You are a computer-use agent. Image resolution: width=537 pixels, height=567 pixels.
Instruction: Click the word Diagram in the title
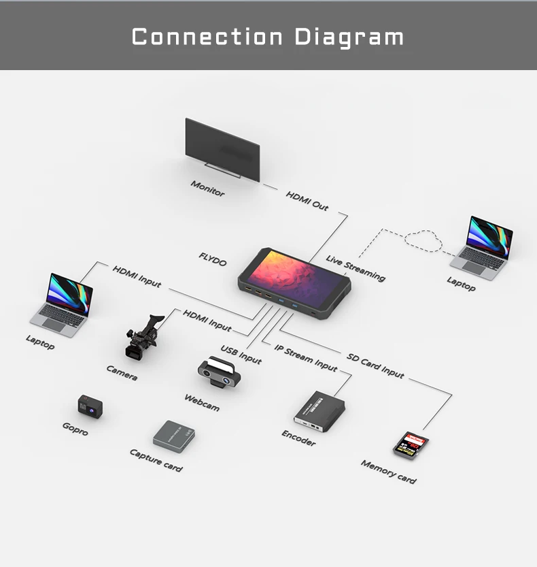pos(349,37)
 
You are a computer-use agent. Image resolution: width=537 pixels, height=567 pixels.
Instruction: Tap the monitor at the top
pos(222,149)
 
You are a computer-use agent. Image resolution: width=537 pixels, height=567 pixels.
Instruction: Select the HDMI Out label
pos(307,201)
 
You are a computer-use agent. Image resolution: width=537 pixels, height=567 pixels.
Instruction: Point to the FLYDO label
pos(213,259)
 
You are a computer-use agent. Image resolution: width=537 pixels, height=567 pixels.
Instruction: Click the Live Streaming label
pos(356,268)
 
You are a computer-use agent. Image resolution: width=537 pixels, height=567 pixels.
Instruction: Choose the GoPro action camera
pos(90,406)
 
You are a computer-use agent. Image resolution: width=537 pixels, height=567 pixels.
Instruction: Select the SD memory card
pos(411,445)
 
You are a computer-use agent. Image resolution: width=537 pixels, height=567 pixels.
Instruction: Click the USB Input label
pos(241,355)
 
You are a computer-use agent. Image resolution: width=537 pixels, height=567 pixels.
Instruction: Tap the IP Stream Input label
pos(306,357)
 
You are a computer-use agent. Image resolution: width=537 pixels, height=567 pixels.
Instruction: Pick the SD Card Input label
pos(375,366)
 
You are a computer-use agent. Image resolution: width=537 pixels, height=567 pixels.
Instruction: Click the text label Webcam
pos(202,402)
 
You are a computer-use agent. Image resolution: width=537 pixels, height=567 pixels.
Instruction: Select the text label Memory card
pos(388,472)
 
